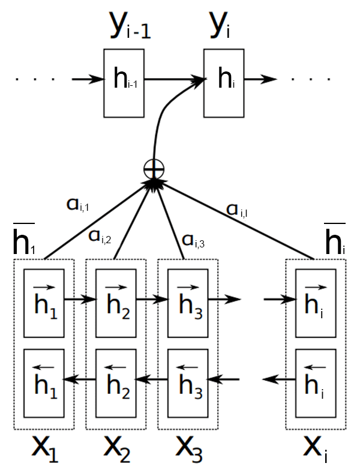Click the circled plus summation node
tap(154, 170)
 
